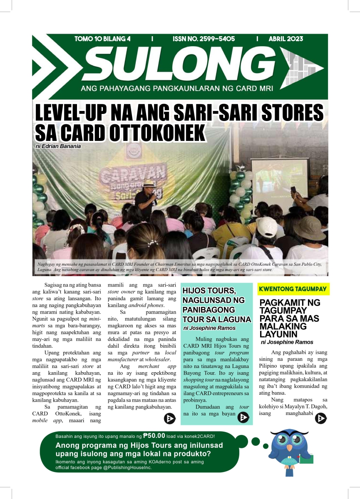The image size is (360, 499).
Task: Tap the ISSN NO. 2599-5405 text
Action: tap(204, 39)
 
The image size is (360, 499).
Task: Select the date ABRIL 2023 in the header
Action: tap(286, 39)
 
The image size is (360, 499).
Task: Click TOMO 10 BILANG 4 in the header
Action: tap(102, 39)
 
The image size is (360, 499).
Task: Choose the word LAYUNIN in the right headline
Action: tap(278, 333)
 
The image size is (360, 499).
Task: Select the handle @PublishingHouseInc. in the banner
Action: tap(124, 467)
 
